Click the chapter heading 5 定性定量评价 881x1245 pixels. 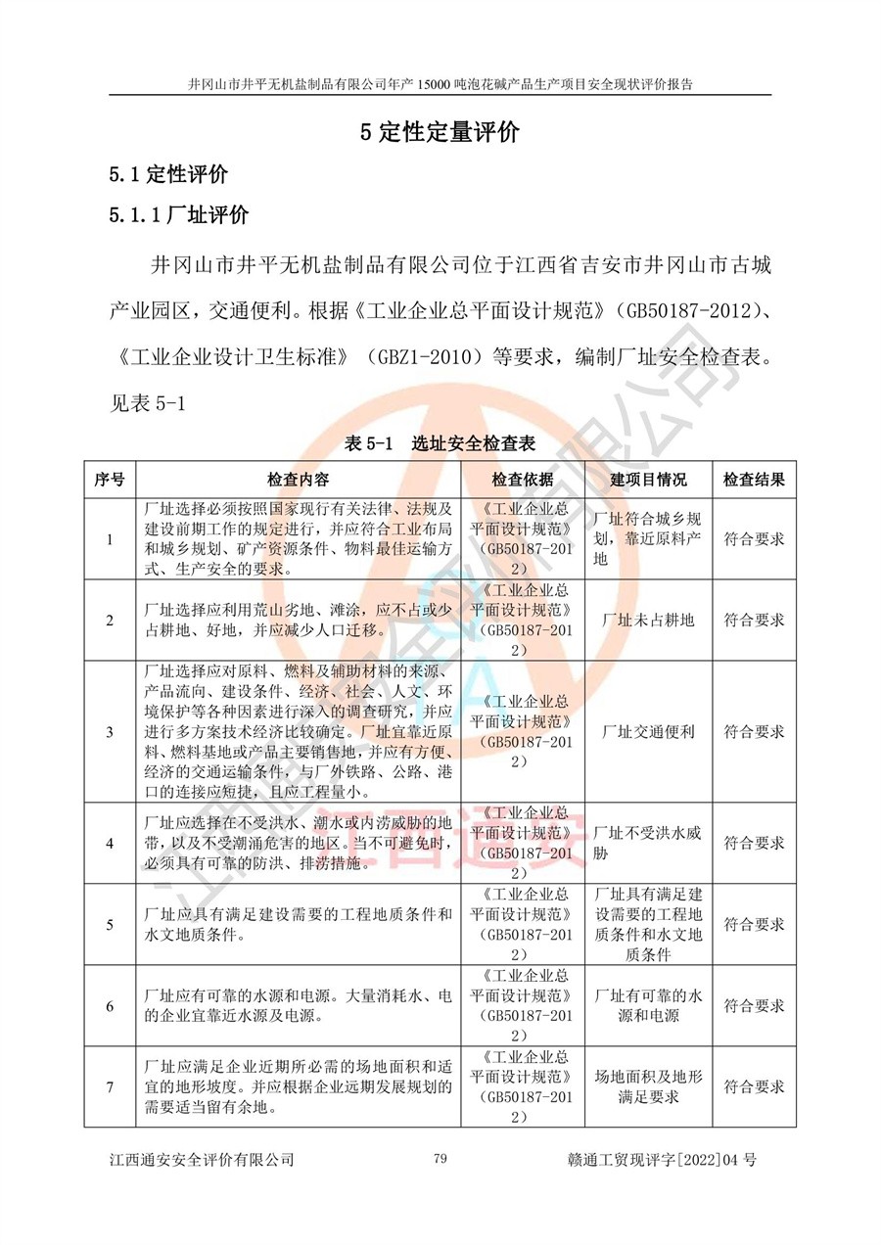[x=440, y=134]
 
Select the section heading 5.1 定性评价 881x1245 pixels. [x=168, y=175]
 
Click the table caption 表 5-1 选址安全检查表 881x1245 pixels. [x=440, y=443]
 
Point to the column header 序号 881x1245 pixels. [x=110, y=480]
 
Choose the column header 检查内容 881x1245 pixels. [x=299, y=480]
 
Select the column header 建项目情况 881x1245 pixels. [x=648, y=480]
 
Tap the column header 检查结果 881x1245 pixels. [x=754, y=480]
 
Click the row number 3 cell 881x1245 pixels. [x=110, y=731]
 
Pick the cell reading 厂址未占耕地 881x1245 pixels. [x=648, y=620]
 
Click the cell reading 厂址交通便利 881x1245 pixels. [x=648, y=731]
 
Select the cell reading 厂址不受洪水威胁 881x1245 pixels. [x=648, y=843]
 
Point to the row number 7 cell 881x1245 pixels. [x=110, y=1086]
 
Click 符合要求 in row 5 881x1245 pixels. [x=754, y=924]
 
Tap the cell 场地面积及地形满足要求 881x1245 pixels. [x=648, y=1086]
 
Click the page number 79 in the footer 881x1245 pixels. [x=440, y=1159]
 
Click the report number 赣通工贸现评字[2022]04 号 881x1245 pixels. [x=662, y=1160]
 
